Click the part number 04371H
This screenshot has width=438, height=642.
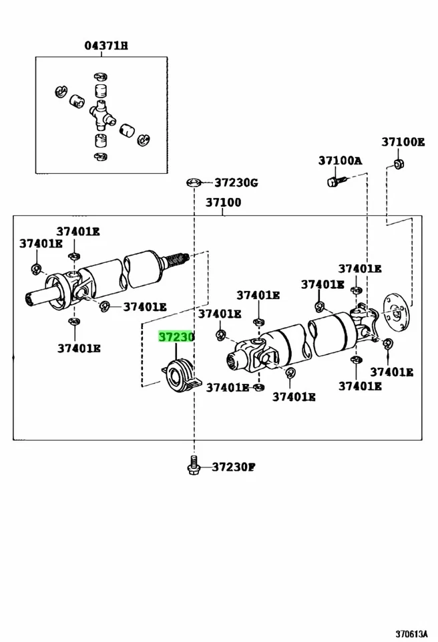pos(106,45)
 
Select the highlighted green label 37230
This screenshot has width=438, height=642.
pos(176,337)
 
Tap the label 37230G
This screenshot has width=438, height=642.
pos(236,183)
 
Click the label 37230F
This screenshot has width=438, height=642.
pos(234,467)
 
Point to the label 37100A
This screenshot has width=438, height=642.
pos(339,160)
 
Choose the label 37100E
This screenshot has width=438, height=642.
pos(403,142)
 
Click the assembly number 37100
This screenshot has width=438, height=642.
pos(223,203)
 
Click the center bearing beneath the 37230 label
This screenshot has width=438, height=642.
pos(180,375)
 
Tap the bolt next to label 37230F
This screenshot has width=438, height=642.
pos(193,465)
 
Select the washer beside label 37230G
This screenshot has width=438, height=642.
pos(194,183)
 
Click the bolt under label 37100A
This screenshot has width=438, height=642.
pos(336,181)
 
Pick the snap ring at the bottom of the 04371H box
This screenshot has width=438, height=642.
pos(99,156)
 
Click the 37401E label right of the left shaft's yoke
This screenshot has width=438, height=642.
pos(144,307)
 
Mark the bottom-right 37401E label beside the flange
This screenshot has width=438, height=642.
pos(392,372)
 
